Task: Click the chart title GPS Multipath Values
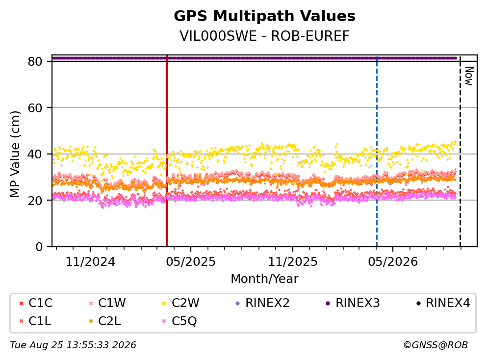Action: (x=264, y=16)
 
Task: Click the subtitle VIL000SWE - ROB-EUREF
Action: (x=264, y=36)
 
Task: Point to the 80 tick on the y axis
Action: (x=35, y=61)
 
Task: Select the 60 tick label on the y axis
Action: (x=35, y=108)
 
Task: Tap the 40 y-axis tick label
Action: (x=35, y=154)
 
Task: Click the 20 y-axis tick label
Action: (x=35, y=200)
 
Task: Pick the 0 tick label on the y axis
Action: (x=39, y=247)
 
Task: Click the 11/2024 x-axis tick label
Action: (x=90, y=262)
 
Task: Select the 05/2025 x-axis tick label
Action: (x=190, y=262)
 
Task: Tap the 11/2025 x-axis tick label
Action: (x=293, y=262)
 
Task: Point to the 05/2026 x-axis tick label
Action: (x=393, y=262)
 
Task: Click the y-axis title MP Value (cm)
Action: (x=15, y=154)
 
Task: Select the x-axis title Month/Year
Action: (x=264, y=279)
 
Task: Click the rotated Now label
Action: (x=469, y=76)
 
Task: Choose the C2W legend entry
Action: (x=181, y=303)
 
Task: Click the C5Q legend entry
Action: (x=179, y=321)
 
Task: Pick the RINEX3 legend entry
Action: (x=353, y=303)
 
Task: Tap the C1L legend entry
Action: (x=35, y=321)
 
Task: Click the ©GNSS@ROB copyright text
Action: (x=436, y=345)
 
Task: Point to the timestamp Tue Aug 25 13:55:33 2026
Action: (x=73, y=345)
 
